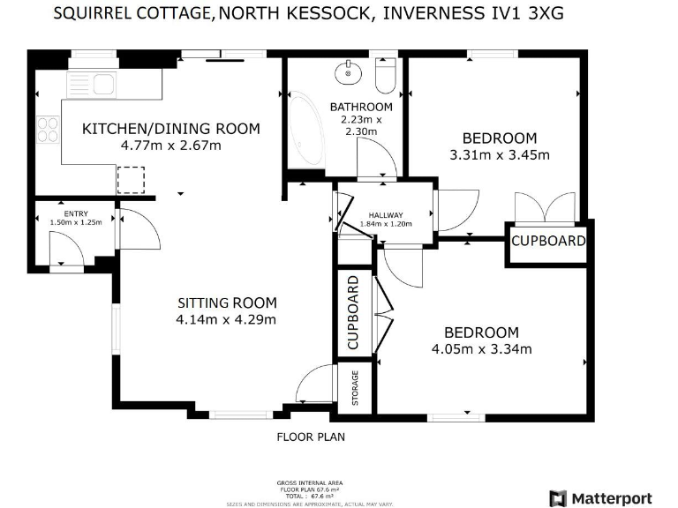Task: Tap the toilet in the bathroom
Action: click(x=386, y=76)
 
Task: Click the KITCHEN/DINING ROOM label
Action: click(x=171, y=129)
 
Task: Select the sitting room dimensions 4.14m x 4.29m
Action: click(x=226, y=319)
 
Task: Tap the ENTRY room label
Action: click(x=76, y=213)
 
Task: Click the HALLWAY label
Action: click(x=386, y=215)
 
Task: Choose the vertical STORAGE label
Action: click(x=355, y=388)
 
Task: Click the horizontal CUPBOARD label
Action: click(x=548, y=241)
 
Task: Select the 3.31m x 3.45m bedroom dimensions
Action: click(x=500, y=155)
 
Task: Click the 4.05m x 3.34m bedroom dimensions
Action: click(x=481, y=349)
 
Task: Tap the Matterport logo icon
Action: click(x=558, y=498)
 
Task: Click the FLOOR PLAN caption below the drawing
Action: click(x=311, y=437)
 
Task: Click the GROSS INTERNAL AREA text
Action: click(x=311, y=483)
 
